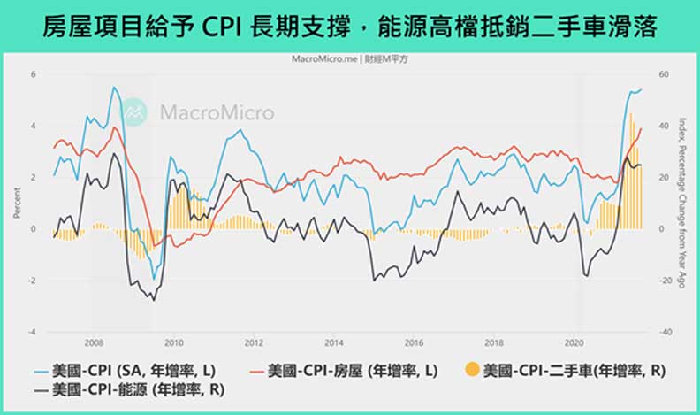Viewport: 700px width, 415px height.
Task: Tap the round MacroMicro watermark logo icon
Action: tap(134, 111)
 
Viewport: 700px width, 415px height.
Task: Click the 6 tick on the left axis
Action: tap(33, 74)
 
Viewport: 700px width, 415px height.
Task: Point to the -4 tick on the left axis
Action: tap(32, 332)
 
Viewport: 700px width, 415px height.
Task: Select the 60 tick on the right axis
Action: tap(664, 74)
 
